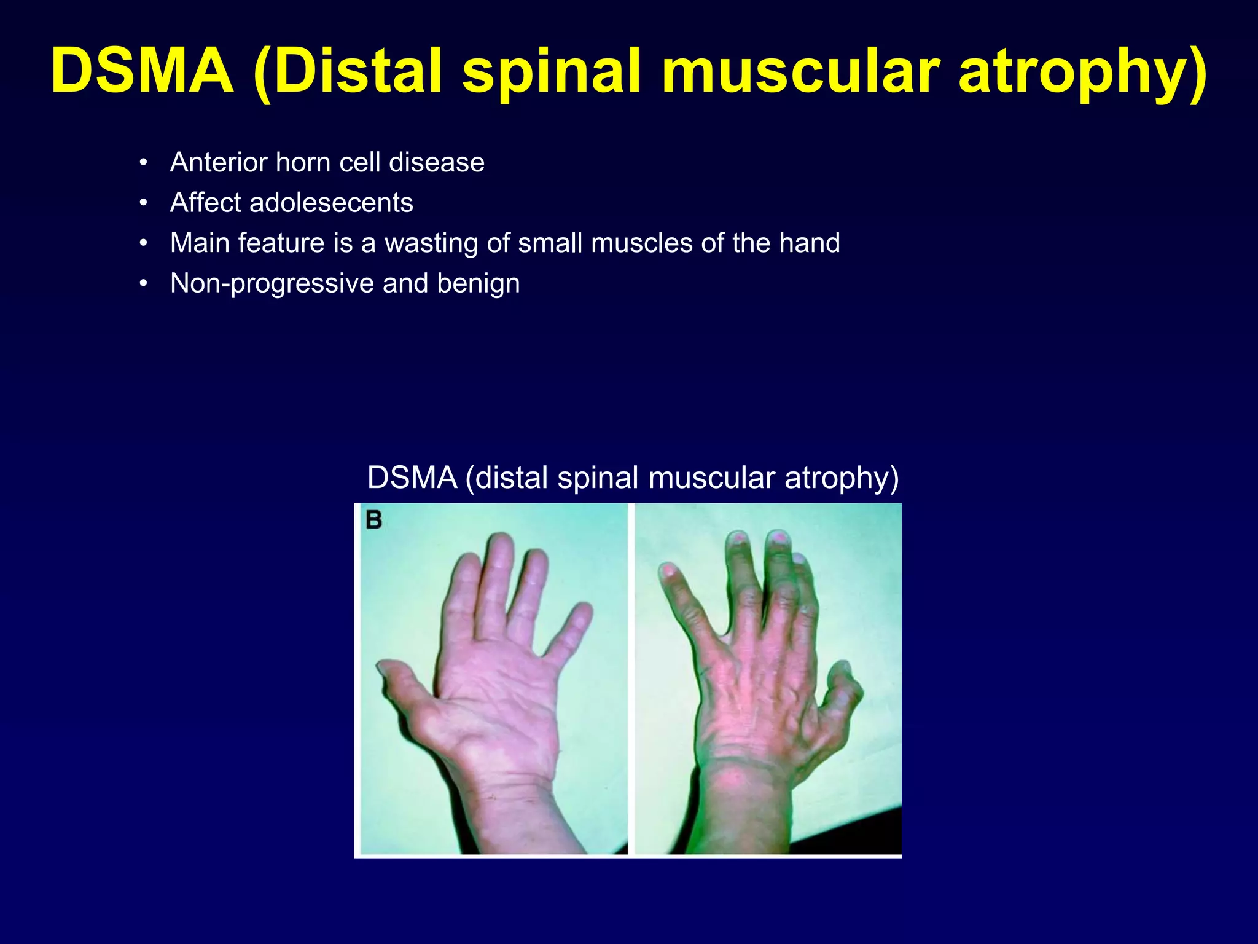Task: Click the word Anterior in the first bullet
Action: [219, 163]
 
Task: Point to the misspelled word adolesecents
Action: [331, 203]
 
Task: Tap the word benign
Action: [479, 284]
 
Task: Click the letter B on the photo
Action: [373, 520]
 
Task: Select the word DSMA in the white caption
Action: [412, 478]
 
